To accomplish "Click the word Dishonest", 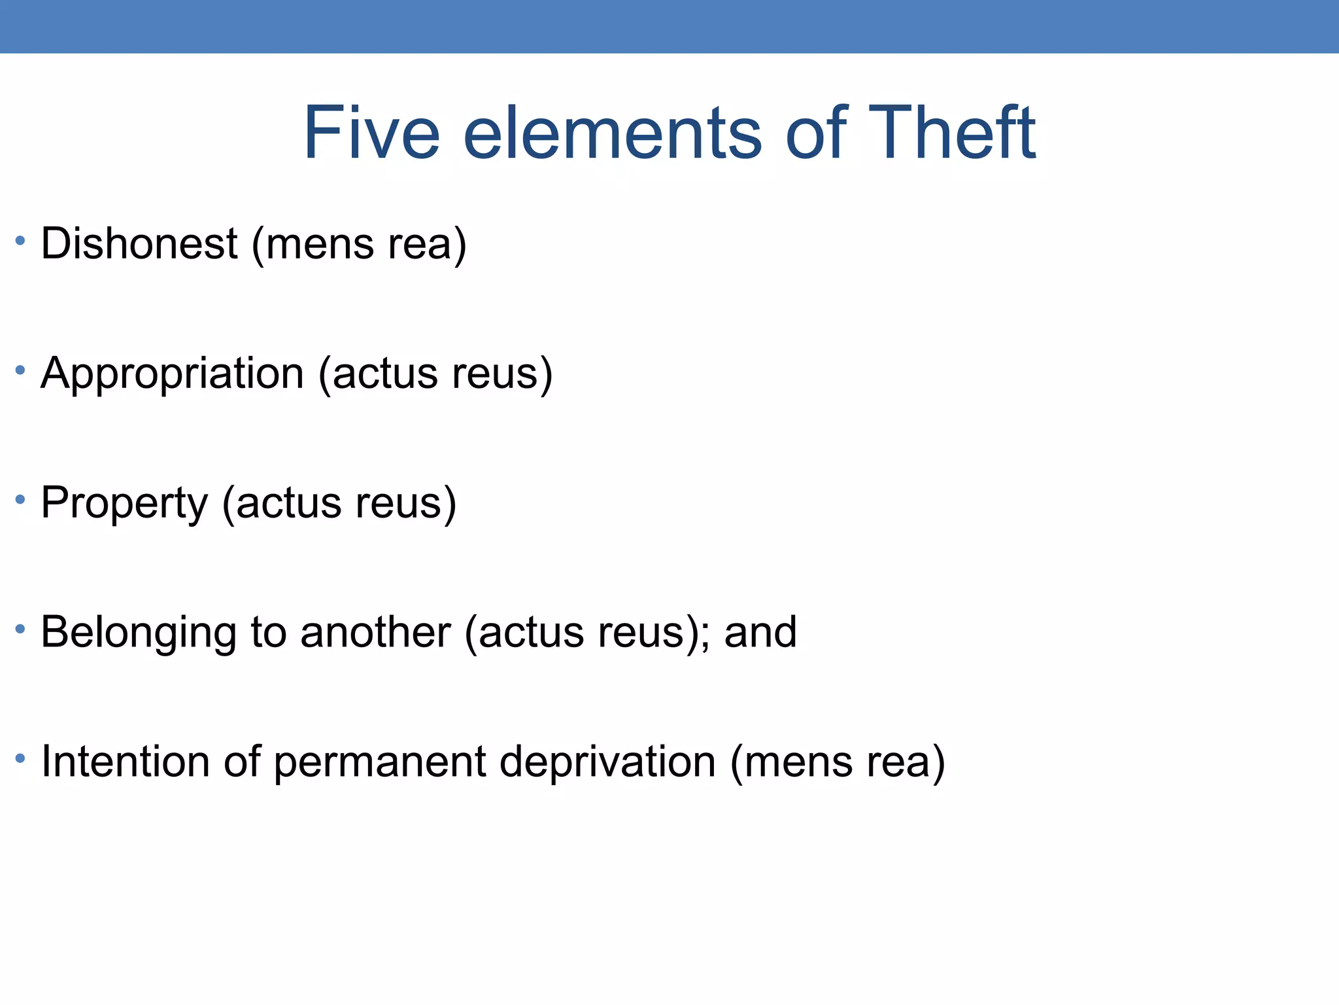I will [139, 243].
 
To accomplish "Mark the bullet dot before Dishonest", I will [20, 241].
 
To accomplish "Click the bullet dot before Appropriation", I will [20, 370].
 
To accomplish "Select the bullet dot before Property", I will [20, 500].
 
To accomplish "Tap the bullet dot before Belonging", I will [20, 629].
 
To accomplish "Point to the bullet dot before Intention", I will [20, 759].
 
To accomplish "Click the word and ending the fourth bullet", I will [760, 632].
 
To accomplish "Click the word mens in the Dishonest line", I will [319, 243].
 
